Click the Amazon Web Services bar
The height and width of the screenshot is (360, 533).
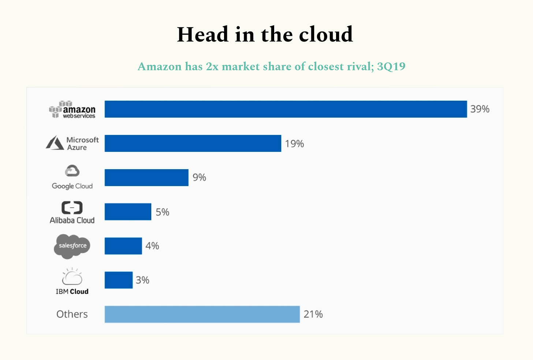point(286,109)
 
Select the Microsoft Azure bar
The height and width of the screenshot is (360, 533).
point(193,143)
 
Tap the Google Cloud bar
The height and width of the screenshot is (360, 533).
point(146,177)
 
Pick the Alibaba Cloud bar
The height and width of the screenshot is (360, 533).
point(128,212)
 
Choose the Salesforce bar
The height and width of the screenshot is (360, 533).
point(123,246)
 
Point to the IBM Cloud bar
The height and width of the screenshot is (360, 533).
point(119,280)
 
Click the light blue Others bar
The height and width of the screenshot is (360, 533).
point(202,314)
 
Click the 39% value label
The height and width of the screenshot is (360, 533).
point(480,109)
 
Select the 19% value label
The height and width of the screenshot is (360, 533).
point(294,144)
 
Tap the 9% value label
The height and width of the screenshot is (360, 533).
point(200,177)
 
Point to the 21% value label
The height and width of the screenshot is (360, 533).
point(313,314)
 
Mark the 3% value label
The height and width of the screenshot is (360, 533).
point(142,280)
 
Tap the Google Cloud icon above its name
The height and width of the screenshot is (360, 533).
point(72,171)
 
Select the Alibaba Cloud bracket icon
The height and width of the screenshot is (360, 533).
point(72,207)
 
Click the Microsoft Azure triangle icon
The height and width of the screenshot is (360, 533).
point(55,143)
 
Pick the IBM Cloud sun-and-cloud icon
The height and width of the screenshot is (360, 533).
point(72,277)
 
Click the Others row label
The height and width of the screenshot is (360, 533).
point(72,314)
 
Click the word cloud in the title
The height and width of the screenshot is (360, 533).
point(326,35)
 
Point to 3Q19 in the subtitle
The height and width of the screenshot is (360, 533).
point(391,67)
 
